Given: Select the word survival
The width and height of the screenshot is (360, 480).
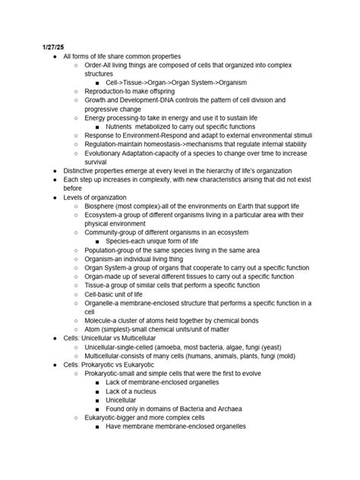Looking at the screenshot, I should [x=99, y=162].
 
